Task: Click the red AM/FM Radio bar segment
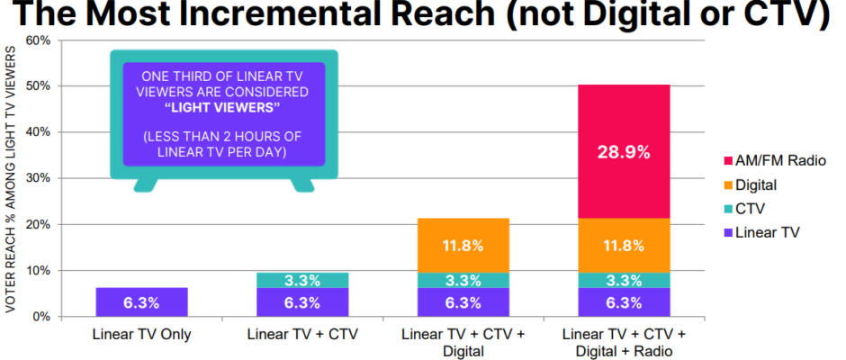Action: pyautogui.click(x=625, y=108)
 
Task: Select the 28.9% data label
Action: pyautogui.click(x=625, y=152)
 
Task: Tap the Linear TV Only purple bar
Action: pyautogui.click(x=141, y=301)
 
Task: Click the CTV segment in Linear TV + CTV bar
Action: pyautogui.click(x=302, y=280)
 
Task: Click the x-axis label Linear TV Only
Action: pyautogui.click(x=141, y=335)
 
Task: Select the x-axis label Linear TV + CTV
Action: pyautogui.click(x=302, y=335)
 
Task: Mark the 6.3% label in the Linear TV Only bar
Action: pyautogui.click(x=141, y=302)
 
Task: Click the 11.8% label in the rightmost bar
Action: pyautogui.click(x=625, y=245)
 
